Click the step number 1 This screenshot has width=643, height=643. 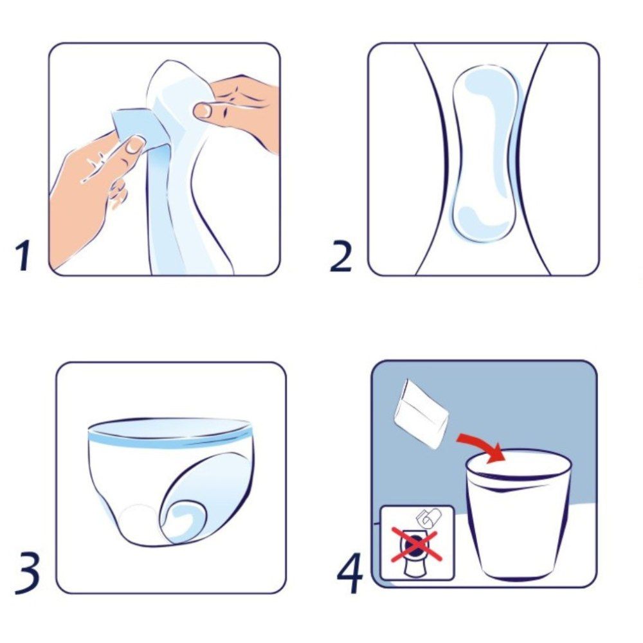23,255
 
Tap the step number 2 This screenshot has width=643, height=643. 341,256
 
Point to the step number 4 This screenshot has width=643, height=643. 350,572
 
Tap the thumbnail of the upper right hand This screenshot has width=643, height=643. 202,110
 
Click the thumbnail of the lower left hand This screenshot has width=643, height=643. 134,145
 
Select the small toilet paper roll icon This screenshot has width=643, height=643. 428,517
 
